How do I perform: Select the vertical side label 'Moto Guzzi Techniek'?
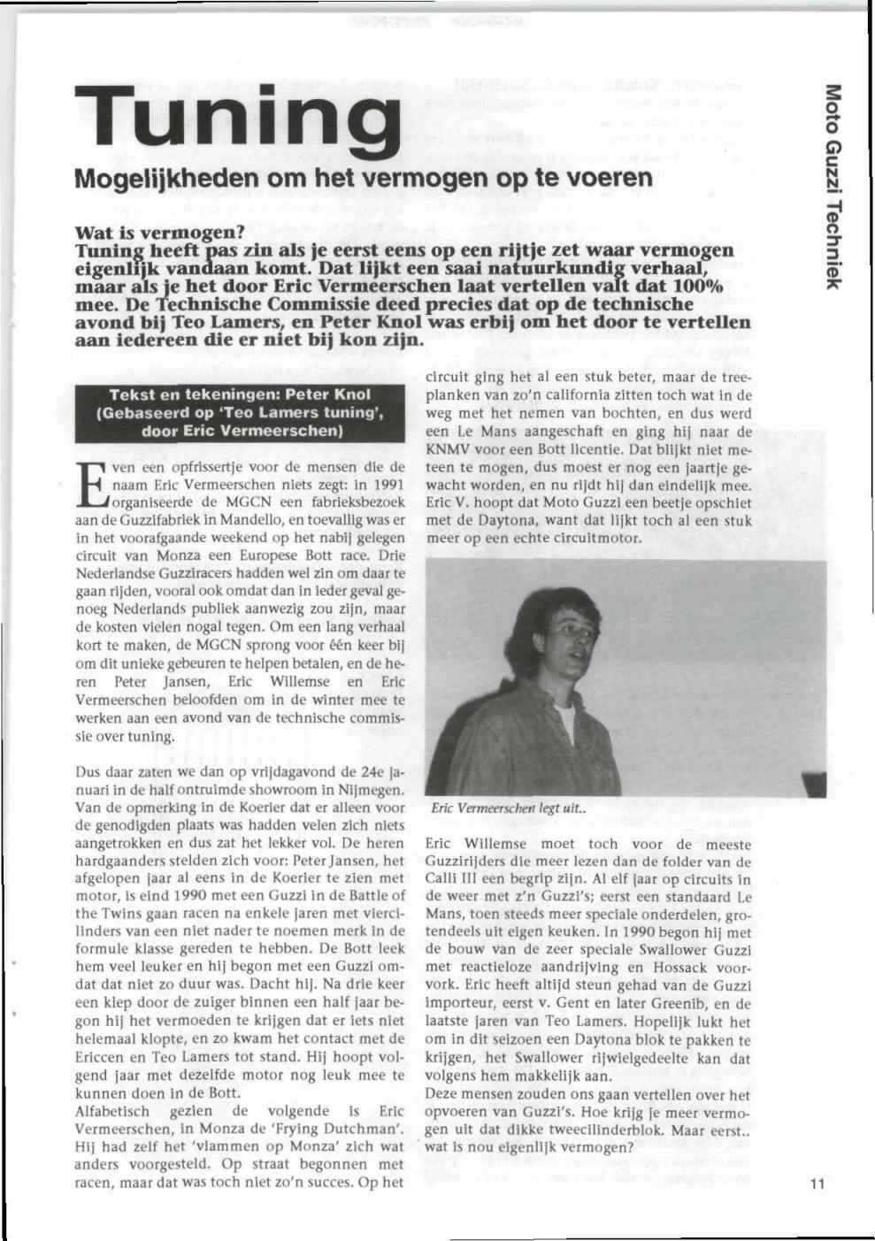pos(832,185)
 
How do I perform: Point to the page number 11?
pos(816,1185)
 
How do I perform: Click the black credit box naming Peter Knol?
pos(240,413)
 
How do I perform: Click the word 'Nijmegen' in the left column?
pos(373,789)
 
